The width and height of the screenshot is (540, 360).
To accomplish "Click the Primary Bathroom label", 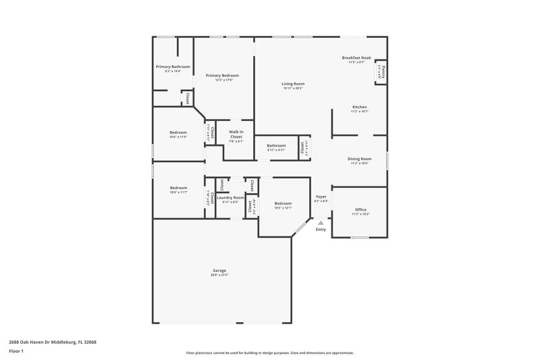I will point(172,67).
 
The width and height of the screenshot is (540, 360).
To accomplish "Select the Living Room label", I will point(293,84).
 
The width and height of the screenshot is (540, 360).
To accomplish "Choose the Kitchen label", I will point(359,107).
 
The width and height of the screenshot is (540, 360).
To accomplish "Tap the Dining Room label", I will point(359,159).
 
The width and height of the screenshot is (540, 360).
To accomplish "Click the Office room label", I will point(360,209).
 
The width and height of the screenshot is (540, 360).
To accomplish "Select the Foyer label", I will point(321,197).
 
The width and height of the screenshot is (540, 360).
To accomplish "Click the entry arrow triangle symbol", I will point(321,222).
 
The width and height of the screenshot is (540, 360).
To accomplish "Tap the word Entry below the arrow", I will point(321,230).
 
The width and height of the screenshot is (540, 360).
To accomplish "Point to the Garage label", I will point(220,270).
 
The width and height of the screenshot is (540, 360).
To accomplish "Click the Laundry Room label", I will point(230,197).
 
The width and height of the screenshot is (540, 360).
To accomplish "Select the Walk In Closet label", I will point(236,134).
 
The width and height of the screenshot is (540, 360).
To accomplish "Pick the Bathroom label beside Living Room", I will point(276,145).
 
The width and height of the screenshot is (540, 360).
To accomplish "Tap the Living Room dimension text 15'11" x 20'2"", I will point(293,88).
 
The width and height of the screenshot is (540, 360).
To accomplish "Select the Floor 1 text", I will point(17,351).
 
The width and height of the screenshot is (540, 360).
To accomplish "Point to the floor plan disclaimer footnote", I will point(269,353).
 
